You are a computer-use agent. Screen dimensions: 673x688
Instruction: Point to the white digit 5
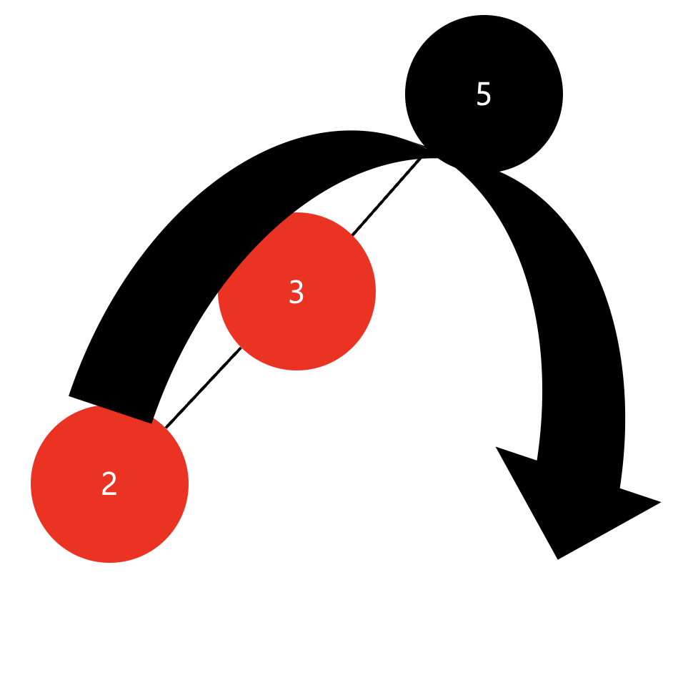[x=484, y=94]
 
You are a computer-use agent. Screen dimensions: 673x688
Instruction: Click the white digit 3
[x=296, y=293]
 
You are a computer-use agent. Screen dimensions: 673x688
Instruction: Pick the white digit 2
[x=109, y=484]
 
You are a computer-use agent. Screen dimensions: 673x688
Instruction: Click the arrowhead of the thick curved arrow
[x=572, y=501]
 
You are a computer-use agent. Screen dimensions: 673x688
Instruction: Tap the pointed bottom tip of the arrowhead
[x=558, y=559]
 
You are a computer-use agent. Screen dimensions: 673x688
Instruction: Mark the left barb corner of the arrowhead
[x=497, y=448]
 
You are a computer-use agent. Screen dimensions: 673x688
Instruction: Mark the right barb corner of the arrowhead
[x=660, y=502]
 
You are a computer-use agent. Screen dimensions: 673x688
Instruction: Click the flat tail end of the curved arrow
[x=110, y=409]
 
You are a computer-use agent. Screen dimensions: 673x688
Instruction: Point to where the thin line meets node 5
[x=423, y=157]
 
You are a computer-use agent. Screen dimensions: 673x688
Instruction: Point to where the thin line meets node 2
[x=166, y=427]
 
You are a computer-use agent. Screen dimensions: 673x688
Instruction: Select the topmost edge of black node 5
[x=484, y=16]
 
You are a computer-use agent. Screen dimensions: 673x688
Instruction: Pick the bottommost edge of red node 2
[x=109, y=562]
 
